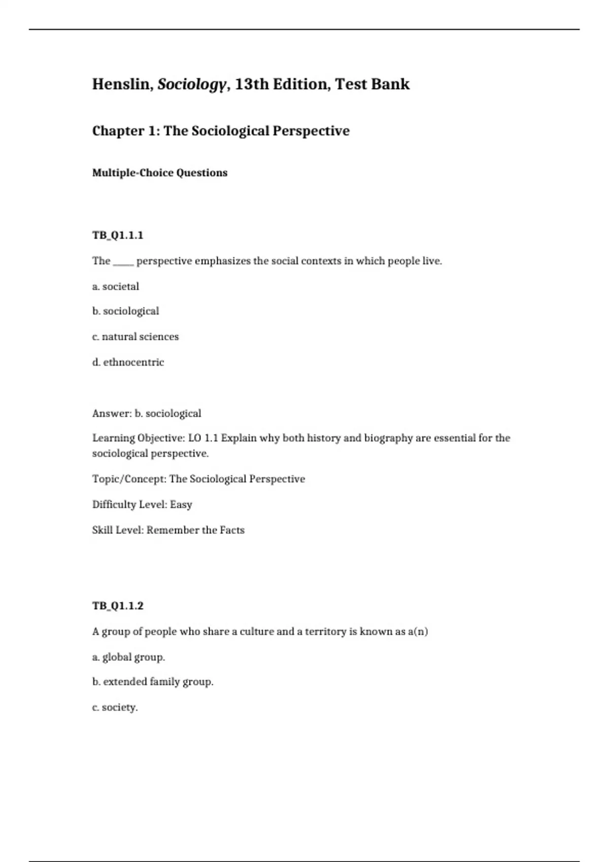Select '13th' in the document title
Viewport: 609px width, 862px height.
(252, 84)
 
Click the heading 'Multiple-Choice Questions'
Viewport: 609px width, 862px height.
(160, 173)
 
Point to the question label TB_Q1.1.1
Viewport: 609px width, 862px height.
(118, 235)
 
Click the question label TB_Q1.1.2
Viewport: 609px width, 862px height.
(118, 606)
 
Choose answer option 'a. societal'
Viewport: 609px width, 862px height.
(116, 286)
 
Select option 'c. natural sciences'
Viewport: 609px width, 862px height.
(136, 337)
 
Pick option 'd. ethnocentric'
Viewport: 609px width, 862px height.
(128, 362)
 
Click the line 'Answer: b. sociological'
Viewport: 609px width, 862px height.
(147, 413)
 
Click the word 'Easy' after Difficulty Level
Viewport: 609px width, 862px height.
(181, 505)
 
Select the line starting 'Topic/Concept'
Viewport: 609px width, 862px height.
(198, 479)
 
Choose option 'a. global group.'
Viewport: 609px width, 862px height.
(129, 657)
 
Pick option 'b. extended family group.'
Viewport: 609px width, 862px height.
(153, 682)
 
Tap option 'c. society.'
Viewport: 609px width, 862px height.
(115, 707)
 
